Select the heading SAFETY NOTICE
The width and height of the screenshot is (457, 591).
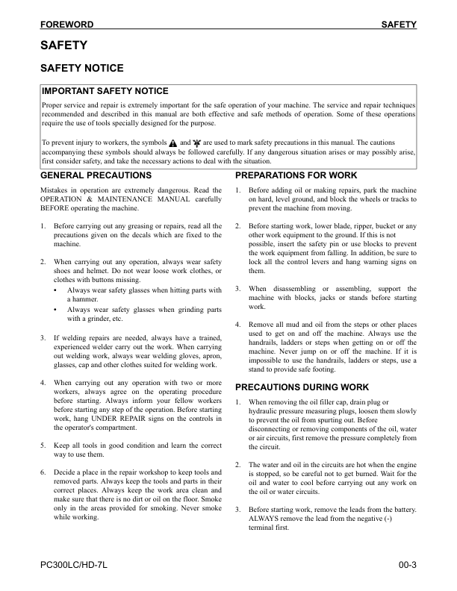point(81,68)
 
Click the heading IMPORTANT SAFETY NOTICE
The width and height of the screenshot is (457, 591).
point(105,91)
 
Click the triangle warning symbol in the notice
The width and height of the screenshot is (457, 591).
point(172,142)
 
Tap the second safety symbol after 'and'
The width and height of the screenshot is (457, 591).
point(197,142)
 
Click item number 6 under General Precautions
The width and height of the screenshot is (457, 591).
point(43,472)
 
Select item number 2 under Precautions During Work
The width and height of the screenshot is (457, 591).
point(237,465)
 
